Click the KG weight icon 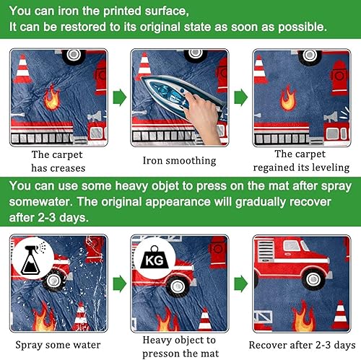154,258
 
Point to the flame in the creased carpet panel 51,97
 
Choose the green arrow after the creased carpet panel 120,97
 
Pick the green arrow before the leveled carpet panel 241,97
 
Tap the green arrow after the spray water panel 120,284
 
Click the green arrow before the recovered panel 241,284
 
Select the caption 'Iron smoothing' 180,161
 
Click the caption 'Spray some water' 58,345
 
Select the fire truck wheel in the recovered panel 313,279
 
